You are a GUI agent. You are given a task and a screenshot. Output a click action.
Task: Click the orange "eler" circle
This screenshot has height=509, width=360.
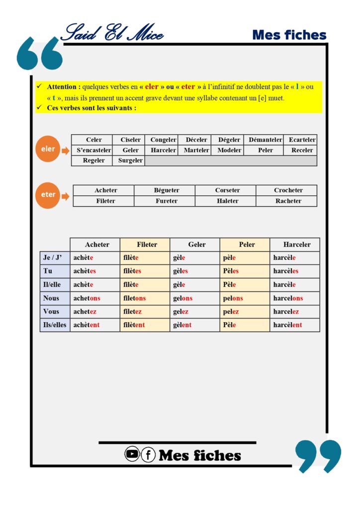click(48, 149)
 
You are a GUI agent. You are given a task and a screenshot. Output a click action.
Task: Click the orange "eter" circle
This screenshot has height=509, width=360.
click(48, 195)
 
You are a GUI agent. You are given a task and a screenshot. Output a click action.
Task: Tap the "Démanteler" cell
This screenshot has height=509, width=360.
click(265, 140)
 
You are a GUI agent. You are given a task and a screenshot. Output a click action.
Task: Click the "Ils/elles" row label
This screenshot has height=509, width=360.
click(55, 325)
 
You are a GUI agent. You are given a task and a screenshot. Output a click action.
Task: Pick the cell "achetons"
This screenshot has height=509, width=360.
click(87, 298)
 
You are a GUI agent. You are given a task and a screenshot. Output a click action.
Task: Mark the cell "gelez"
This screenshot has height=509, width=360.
click(181, 312)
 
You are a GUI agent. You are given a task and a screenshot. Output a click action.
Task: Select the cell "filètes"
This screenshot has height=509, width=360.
click(132, 271)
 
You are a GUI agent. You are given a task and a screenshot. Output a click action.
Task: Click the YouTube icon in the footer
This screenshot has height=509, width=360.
click(132, 454)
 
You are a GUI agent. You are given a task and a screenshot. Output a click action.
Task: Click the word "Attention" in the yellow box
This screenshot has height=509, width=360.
click(63, 86)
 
